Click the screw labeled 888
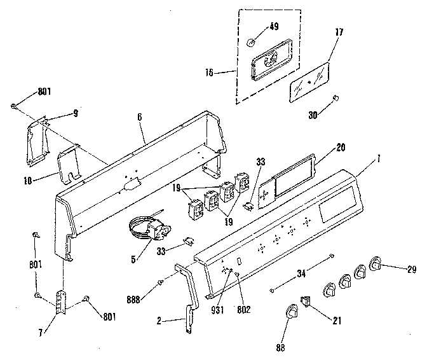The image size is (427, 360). click(x=161, y=283)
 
